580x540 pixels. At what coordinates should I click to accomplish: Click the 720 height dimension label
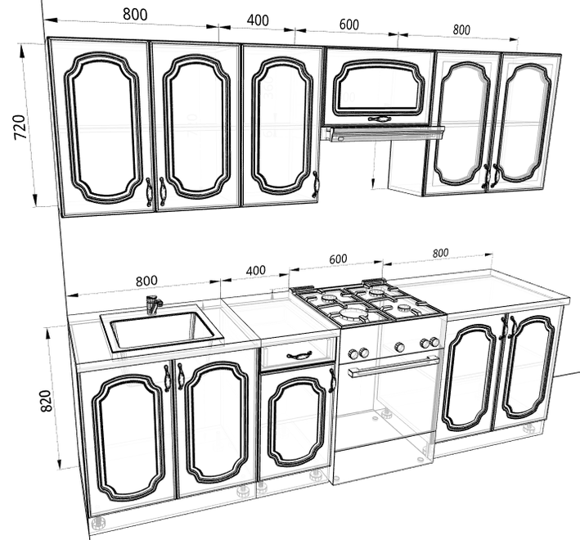pos(20,128)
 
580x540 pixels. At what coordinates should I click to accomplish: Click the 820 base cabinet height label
pos(46,401)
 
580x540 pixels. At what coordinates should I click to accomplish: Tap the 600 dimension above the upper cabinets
pos(348,25)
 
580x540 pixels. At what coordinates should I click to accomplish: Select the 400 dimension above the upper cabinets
pos(258,20)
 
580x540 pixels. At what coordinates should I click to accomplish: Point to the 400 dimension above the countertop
pos(255,270)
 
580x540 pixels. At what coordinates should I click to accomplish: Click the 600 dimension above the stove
pos(338,259)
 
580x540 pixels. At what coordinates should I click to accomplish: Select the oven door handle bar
pos(393,367)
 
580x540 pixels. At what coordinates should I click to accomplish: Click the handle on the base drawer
pos(298,355)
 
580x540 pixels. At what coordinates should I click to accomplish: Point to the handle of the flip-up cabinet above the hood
pos(379,119)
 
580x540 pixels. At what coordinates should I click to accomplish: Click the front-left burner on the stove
pos(348,315)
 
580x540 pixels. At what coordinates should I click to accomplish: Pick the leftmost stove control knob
pos(353,354)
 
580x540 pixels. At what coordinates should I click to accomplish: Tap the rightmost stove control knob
pos(435,342)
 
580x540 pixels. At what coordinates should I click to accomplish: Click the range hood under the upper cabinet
pos(383,133)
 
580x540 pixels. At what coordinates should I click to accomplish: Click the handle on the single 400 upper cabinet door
pos(316,183)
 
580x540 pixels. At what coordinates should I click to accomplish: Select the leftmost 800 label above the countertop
pos(146,281)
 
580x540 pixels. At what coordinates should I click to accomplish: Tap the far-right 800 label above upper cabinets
pos(461,30)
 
